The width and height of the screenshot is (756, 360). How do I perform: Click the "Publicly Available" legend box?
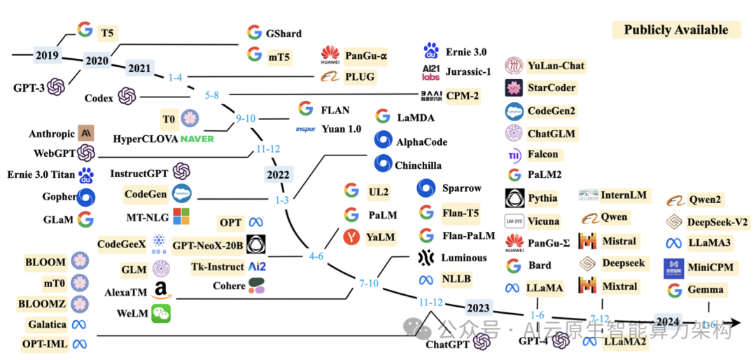[676, 30]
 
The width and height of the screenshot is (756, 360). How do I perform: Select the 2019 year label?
[47, 54]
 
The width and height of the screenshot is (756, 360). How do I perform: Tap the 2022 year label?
[279, 174]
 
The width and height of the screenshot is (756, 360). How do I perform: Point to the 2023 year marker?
[479, 309]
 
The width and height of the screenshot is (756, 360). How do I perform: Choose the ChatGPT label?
[447, 343]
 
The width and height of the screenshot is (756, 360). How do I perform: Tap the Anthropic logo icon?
[86, 133]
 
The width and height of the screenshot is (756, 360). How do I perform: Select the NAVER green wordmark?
[197, 138]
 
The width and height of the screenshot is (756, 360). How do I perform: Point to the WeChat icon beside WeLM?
[161, 314]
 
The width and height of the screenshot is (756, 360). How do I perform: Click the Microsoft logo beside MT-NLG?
[181, 216]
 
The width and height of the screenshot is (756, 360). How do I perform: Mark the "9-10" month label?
[246, 118]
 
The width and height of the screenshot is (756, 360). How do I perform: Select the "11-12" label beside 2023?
[431, 302]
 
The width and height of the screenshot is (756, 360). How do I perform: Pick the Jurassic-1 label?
[468, 72]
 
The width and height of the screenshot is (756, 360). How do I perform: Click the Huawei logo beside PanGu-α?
[330, 55]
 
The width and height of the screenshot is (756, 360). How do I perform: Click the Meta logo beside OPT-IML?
[80, 344]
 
